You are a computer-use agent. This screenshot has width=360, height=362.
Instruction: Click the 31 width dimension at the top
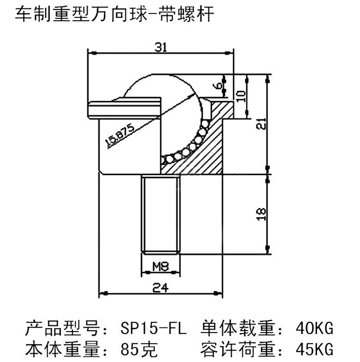tap(161, 47)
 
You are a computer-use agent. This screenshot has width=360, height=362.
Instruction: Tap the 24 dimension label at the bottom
tap(160, 288)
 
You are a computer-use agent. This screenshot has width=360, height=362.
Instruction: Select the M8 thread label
tap(161, 267)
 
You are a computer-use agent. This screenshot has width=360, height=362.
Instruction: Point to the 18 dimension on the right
tap(261, 214)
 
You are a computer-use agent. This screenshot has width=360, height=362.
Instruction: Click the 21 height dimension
tap(261, 124)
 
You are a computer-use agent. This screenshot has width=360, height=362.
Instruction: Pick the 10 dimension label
tap(241, 96)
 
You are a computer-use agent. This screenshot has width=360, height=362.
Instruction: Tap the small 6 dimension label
tap(217, 86)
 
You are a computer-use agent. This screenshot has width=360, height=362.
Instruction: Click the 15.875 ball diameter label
tap(120, 135)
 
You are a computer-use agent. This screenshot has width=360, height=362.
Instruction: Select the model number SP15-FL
tap(153, 328)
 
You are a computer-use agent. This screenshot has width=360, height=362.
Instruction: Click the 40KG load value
tap(314, 328)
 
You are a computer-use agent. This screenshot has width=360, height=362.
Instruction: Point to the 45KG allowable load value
tap(314, 349)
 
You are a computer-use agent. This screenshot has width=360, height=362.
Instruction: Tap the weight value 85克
tap(139, 349)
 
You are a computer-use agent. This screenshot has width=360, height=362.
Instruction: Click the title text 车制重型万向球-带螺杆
tap(114, 14)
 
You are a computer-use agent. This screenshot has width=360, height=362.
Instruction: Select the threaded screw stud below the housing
tap(161, 214)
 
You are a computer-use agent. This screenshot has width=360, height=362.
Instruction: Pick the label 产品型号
tap(62, 328)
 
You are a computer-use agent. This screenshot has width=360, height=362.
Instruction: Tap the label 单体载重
tap(238, 328)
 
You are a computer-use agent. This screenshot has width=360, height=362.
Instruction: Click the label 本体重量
tap(62, 349)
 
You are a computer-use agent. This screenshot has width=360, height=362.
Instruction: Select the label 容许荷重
tap(238, 349)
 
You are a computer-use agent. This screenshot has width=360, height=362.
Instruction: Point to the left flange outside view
tap(124, 108)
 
